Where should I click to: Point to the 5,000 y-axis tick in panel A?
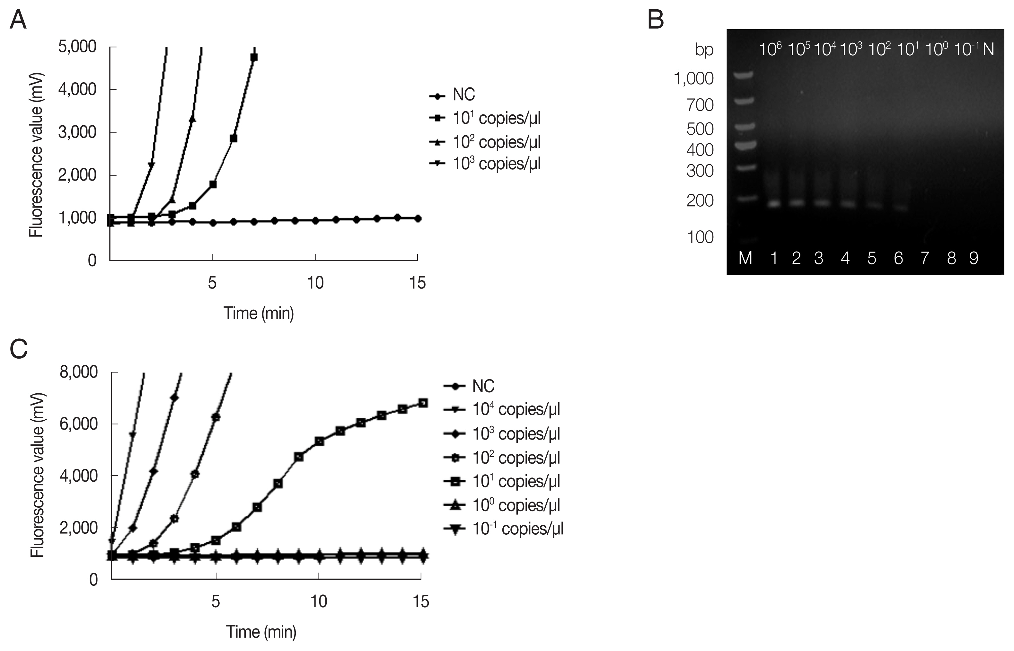78,47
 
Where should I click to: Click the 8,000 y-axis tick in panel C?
79,372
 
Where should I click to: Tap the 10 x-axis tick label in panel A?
315,283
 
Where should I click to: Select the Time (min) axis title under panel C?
261,631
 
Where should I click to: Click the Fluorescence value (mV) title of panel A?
36,156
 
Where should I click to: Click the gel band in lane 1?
774,204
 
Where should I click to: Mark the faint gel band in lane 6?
900,208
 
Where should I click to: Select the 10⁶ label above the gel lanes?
770,50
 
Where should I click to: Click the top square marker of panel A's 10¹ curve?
254,58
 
